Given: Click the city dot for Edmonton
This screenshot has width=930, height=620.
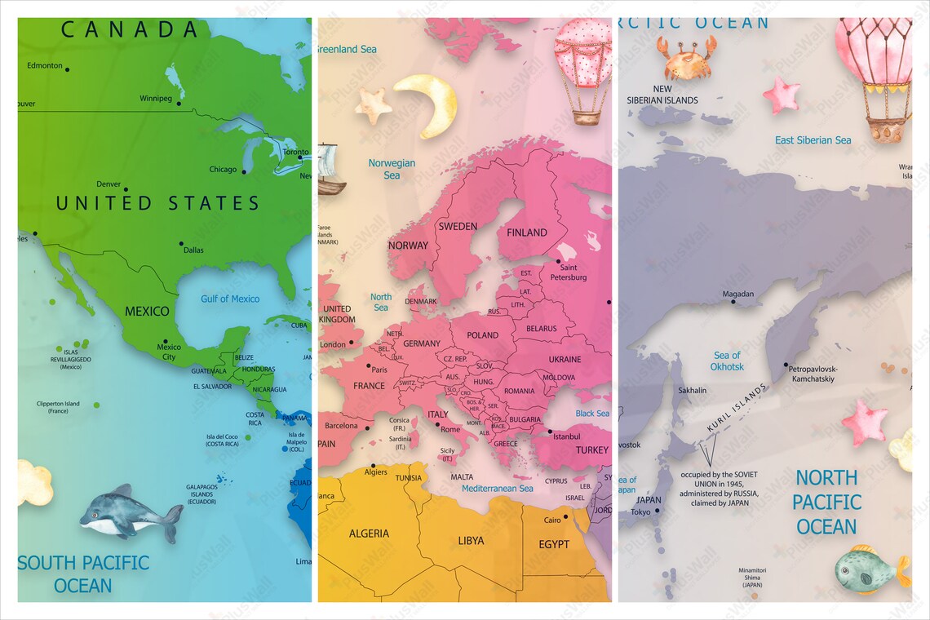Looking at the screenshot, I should (x=68, y=70).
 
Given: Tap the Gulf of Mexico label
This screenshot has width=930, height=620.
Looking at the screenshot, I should (x=230, y=299).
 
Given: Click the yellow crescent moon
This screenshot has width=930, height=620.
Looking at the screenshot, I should (x=429, y=104).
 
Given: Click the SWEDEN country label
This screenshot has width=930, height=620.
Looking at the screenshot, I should (x=458, y=226).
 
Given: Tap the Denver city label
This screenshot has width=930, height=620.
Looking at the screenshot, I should (x=108, y=184).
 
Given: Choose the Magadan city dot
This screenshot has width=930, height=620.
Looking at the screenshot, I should (x=733, y=302).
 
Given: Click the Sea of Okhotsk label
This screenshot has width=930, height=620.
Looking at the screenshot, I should (x=727, y=361).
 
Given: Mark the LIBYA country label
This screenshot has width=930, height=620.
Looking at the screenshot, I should (x=471, y=540).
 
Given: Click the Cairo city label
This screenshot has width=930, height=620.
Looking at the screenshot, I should (x=552, y=520).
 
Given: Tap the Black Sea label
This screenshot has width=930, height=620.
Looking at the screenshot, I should (x=592, y=414).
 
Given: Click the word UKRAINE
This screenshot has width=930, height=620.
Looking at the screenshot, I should (x=565, y=359).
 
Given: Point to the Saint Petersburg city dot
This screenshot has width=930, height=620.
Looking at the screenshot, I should (x=558, y=262).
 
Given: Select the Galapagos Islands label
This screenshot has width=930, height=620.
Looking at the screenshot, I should (x=201, y=494).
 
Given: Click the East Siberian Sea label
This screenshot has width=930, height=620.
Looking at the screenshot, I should (x=813, y=140).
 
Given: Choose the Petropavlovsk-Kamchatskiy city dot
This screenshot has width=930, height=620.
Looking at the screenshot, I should (x=786, y=365).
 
